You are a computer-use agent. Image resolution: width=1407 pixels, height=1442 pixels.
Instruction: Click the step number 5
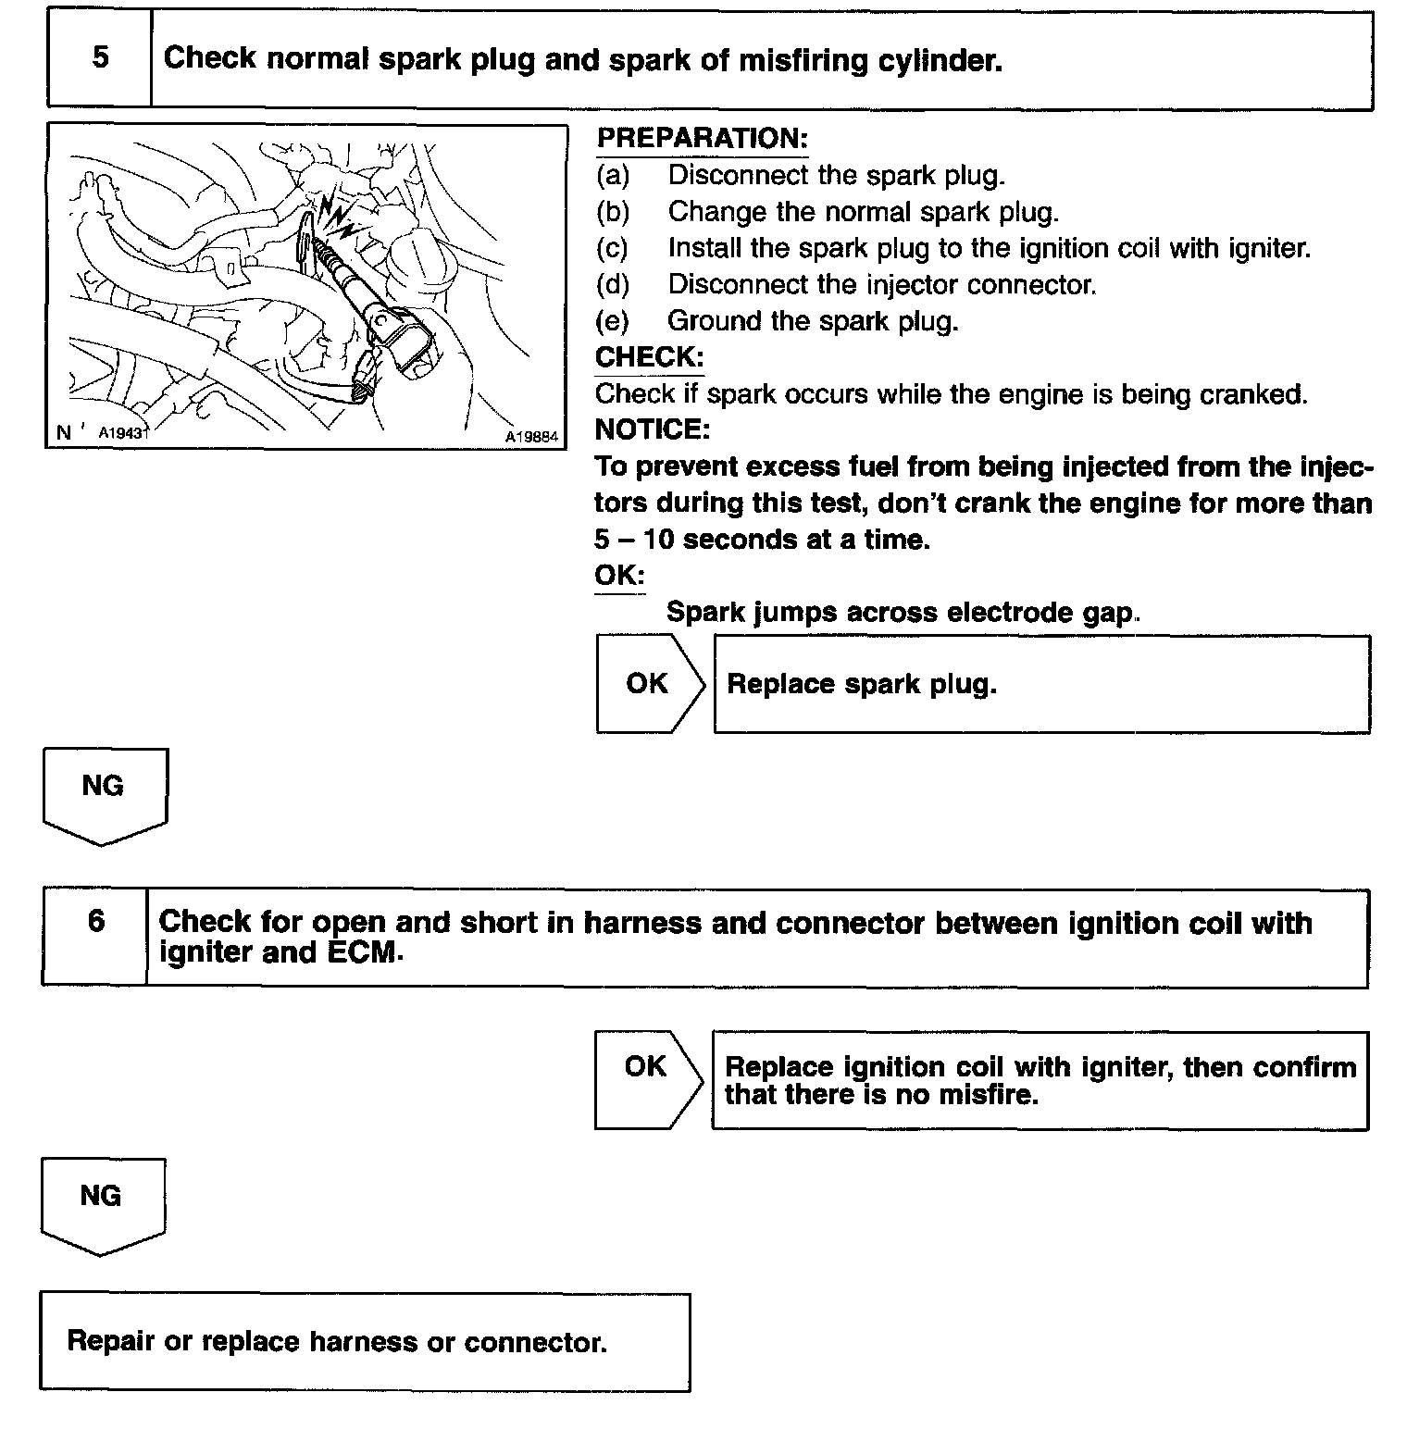click(100, 57)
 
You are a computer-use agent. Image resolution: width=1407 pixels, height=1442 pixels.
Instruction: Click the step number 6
click(96, 921)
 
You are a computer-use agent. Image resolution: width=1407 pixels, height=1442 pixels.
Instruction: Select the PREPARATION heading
click(702, 139)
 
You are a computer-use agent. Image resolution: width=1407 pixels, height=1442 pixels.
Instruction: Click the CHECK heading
click(649, 357)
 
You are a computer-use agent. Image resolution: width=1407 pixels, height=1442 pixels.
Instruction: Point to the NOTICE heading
click(652, 429)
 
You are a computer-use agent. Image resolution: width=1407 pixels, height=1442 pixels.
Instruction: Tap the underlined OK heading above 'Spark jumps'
click(618, 575)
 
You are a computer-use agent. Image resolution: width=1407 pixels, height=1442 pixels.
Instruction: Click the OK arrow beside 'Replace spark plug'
click(648, 684)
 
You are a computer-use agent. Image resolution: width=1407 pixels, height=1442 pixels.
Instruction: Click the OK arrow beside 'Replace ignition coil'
click(646, 1067)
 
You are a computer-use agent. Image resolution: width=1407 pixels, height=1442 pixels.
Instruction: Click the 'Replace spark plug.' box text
click(861, 685)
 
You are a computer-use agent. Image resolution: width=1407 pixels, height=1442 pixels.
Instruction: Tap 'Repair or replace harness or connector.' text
click(337, 1342)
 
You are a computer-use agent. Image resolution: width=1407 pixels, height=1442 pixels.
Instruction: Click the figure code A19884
click(531, 437)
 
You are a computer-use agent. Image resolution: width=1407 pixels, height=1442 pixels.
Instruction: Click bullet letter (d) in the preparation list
click(613, 285)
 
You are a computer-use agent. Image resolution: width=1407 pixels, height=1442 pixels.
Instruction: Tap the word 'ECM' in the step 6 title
click(365, 953)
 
